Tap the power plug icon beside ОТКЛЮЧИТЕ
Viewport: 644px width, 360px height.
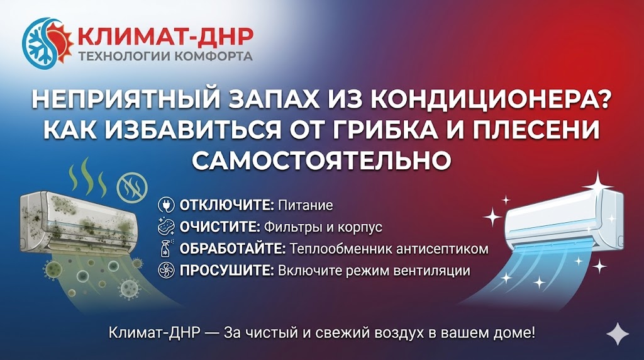166,205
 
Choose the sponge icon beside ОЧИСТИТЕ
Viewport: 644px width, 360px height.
166,227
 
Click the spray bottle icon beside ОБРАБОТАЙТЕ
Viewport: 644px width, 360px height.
167,249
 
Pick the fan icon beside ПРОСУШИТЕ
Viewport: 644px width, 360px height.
166,271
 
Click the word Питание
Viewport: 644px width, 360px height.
306,205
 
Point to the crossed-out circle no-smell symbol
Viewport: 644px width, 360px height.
132,188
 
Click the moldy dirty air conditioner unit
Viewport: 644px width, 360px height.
77,222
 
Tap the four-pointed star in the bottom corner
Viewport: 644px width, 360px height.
618,334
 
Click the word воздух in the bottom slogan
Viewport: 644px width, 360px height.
399,332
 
